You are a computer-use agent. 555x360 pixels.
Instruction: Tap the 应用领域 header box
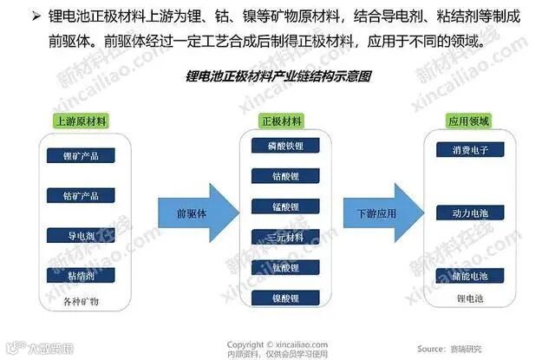pyautogui.click(x=469, y=121)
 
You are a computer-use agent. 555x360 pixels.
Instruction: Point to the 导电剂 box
pyautogui.click(x=82, y=235)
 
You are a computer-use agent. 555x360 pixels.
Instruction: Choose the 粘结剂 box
pyautogui.click(x=82, y=275)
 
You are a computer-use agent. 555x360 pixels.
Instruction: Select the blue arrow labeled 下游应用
pyautogui.click(x=381, y=213)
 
